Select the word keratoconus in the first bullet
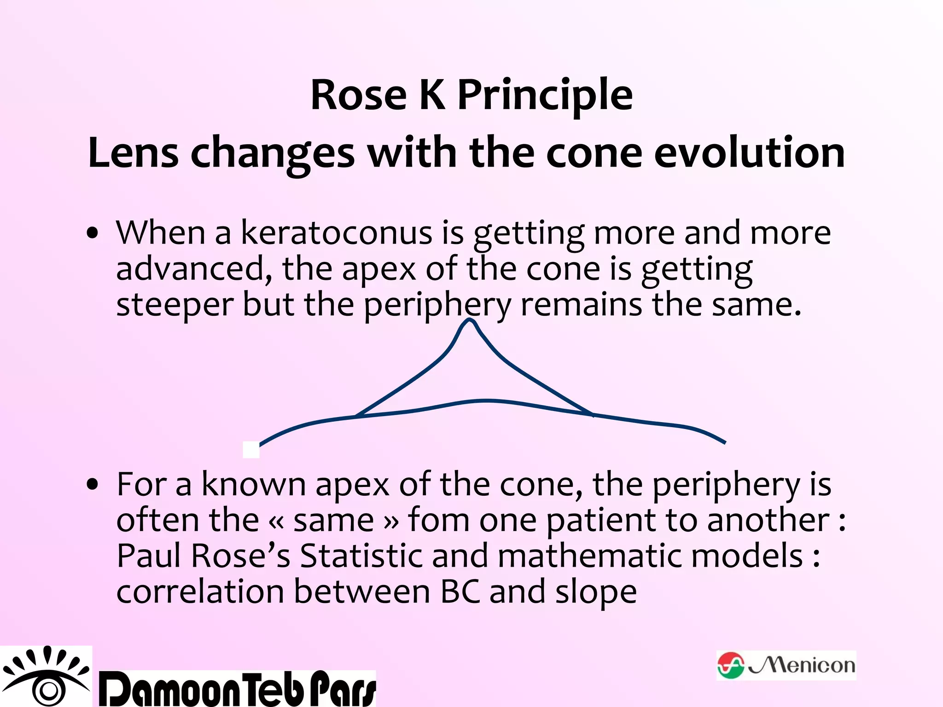(336, 232)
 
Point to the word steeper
(175, 305)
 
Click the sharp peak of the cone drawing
(469, 320)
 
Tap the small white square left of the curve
(251, 450)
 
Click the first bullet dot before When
(93, 233)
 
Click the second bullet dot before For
(93, 485)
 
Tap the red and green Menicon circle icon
(730, 666)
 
